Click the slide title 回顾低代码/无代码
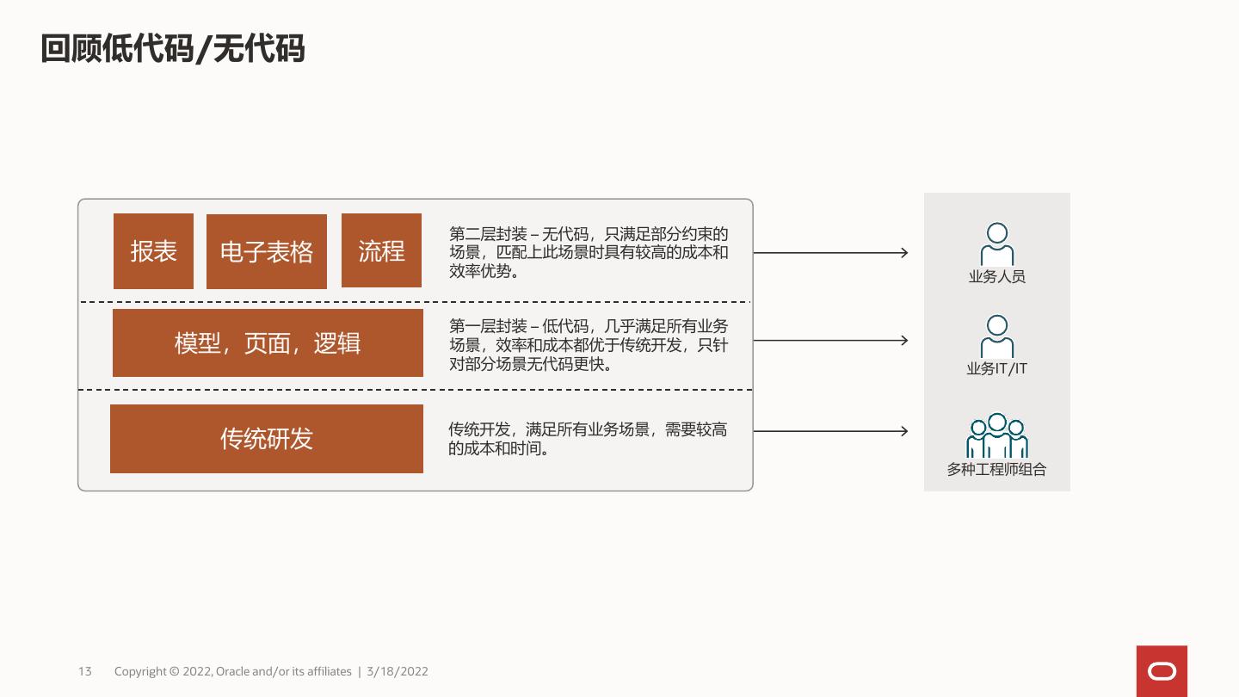coord(173,50)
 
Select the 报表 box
coord(153,251)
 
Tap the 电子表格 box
coord(267,251)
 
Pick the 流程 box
coord(381,250)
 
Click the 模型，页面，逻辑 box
coord(268,343)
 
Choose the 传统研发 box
coord(267,439)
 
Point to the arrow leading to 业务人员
coord(830,253)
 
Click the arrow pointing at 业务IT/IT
coord(830,341)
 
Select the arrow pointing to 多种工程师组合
coord(830,431)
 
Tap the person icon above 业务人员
coord(997,244)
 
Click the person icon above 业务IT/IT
coord(997,336)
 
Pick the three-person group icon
coord(997,436)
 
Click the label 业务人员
coord(997,277)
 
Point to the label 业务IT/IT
coord(997,369)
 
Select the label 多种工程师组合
coord(997,470)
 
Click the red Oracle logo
coord(1162,671)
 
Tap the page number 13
coord(84,671)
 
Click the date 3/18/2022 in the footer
coord(398,671)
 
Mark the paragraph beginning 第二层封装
coord(589,252)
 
